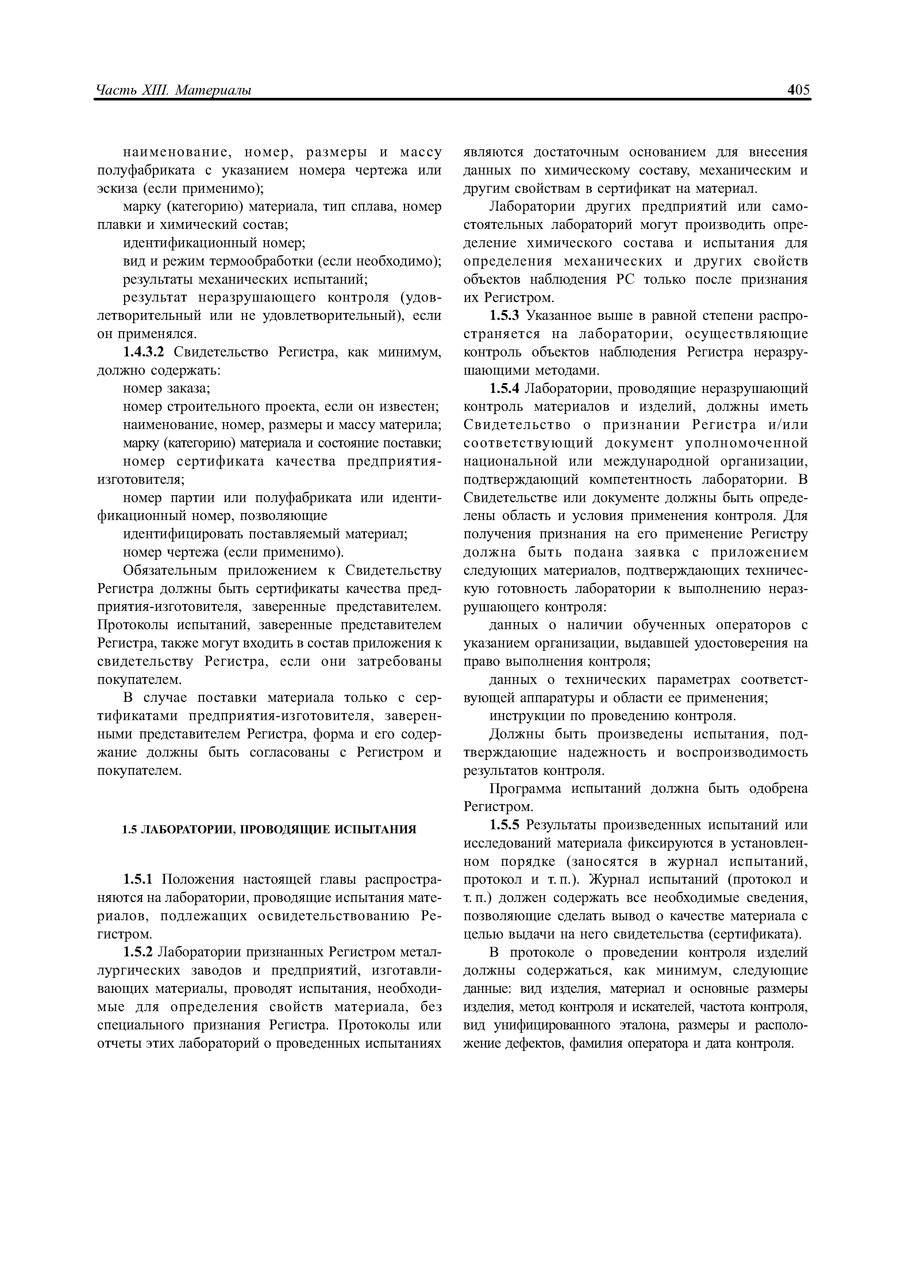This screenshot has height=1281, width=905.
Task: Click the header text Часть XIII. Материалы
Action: coord(173,91)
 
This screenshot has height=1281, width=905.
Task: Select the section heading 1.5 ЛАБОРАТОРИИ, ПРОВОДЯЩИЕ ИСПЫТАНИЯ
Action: coord(269,830)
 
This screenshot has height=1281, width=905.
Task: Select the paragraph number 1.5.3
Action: coord(505,316)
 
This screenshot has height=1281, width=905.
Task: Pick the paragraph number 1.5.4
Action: coord(505,388)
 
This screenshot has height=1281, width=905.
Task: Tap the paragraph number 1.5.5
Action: coord(505,825)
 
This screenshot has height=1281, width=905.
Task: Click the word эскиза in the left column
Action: coord(114,188)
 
